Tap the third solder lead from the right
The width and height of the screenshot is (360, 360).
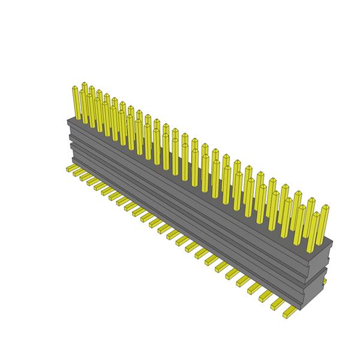coord(266,296)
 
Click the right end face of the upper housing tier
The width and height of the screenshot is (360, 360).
coord(322,254)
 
